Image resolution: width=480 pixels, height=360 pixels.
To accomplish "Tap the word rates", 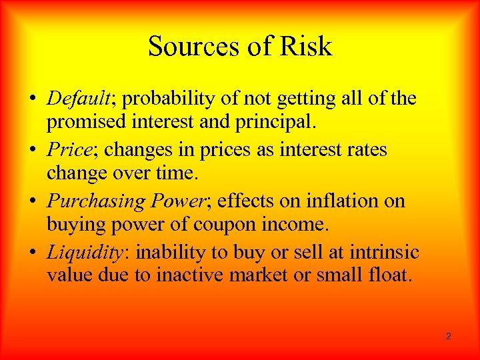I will (x=362, y=149).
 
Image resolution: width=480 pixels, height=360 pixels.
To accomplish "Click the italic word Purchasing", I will (x=95, y=201).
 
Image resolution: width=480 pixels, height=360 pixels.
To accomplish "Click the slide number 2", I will (x=448, y=336).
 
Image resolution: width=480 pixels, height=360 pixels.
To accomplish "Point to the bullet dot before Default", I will (x=33, y=100).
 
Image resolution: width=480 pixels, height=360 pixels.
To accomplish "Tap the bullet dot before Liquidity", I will (x=33, y=253).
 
